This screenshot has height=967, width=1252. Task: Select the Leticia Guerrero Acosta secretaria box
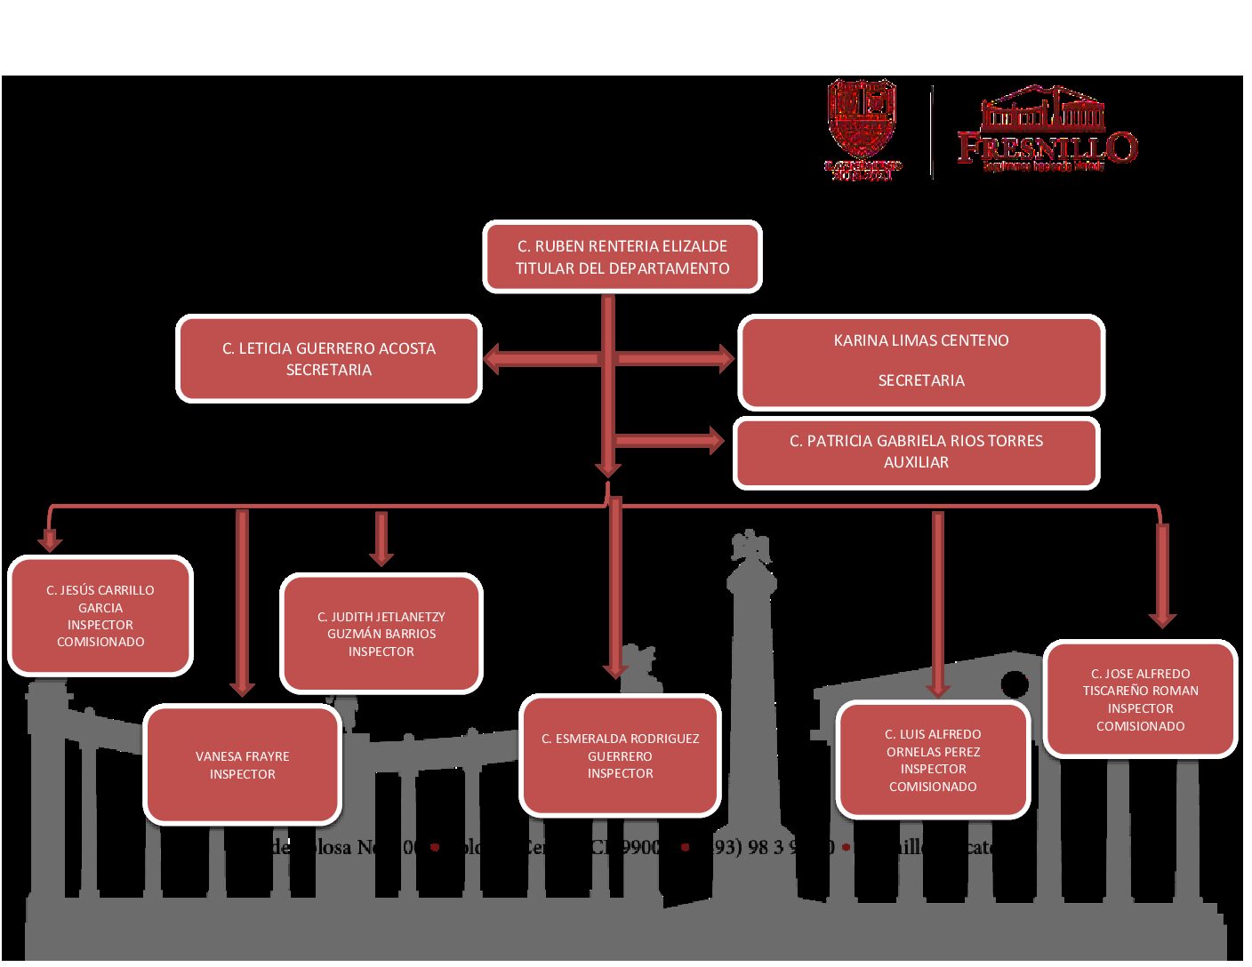329,358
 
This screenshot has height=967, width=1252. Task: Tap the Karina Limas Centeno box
921,361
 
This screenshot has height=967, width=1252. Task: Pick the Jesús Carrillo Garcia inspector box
100,615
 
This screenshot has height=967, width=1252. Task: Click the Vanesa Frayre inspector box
243,764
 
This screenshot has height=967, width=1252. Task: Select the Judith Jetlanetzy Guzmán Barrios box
381,633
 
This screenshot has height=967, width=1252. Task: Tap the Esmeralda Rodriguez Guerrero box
620,755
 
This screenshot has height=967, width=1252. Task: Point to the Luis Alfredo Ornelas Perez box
933,760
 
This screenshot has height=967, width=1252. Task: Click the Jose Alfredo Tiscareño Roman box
1140,699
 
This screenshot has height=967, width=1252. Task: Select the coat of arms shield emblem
861,120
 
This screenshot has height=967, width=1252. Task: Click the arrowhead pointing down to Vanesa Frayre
242,688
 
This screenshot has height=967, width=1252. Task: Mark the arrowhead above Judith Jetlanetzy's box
381,557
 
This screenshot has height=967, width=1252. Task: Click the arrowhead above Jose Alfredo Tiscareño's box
1161,619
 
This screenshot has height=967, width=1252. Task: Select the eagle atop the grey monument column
750,547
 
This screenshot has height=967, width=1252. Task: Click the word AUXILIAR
916,462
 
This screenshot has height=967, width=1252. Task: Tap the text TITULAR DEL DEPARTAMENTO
622,268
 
